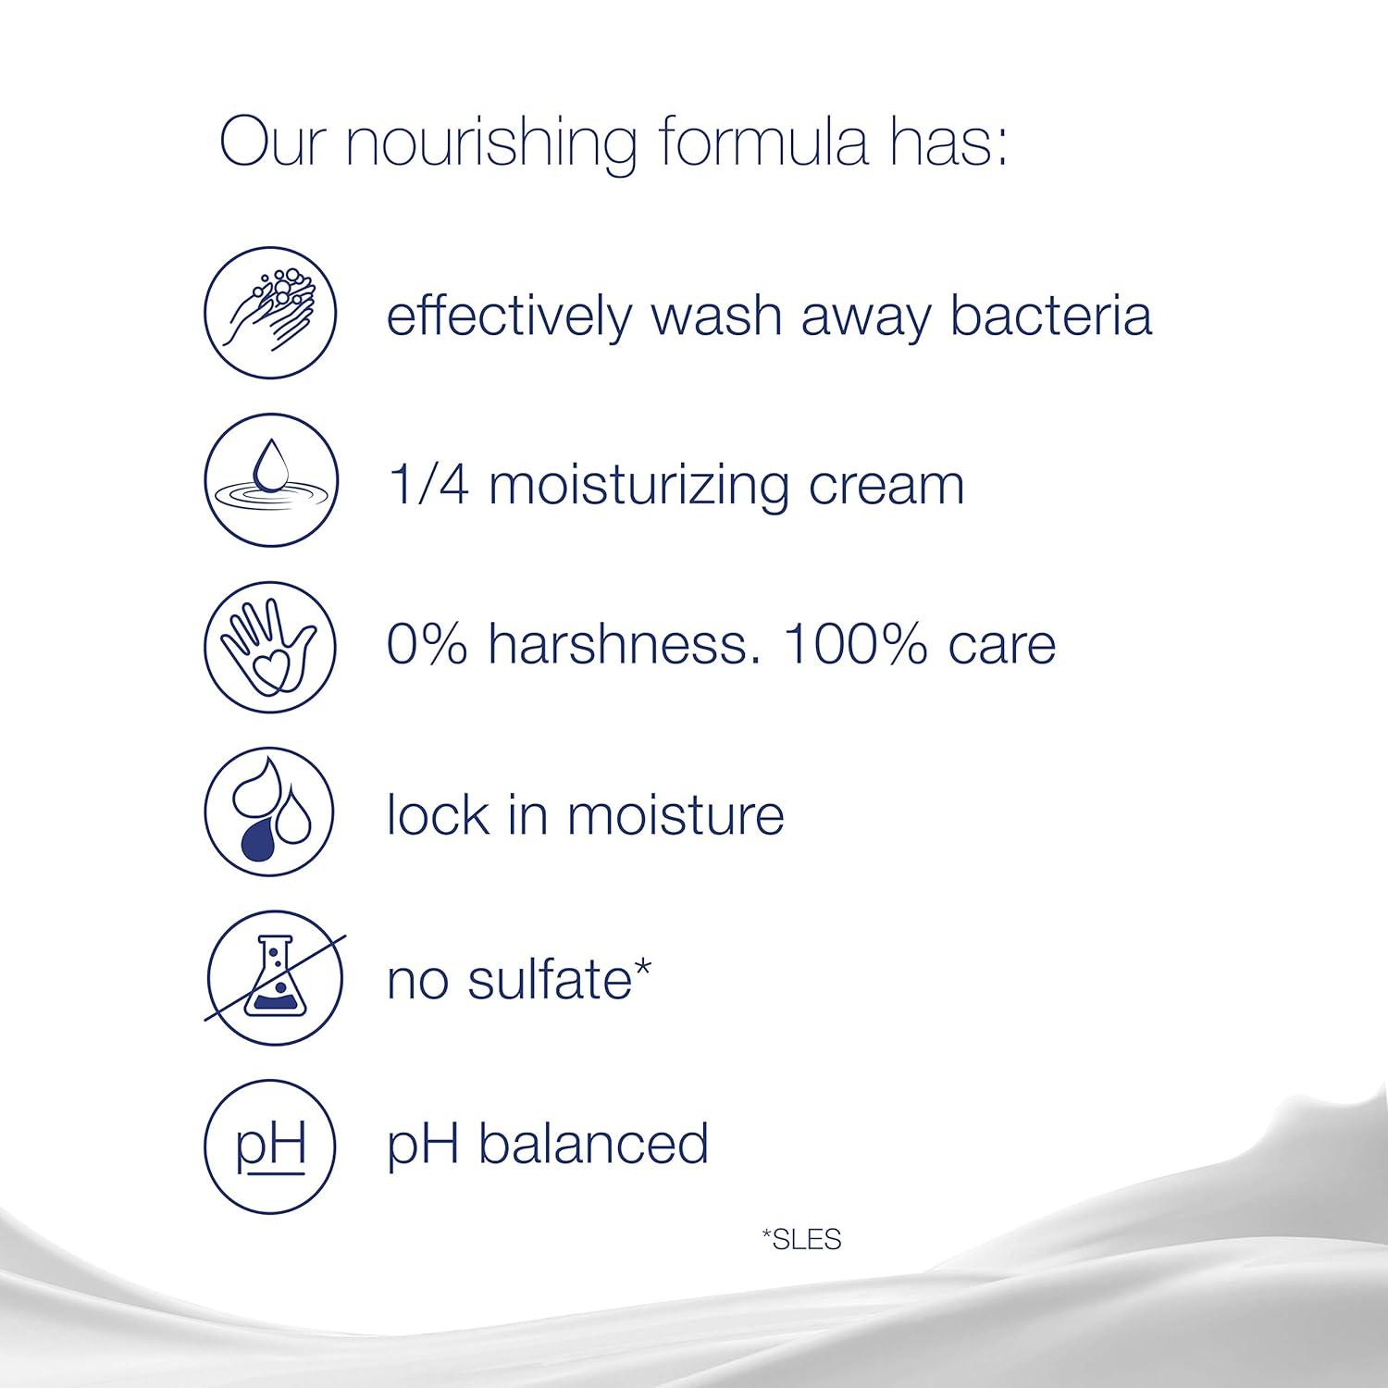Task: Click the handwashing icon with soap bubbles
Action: tap(270, 312)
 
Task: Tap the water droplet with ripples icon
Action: tap(270, 480)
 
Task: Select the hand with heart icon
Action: tap(270, 645)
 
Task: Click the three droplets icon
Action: tap(270, 812)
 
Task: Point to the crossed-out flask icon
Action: tap(274, 978)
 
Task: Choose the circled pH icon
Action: tap(270, 1145)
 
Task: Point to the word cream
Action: tap(886, 485)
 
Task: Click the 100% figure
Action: tap(855, 643)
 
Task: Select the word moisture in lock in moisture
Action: tap(675, 815)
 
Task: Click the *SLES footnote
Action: tap(801, 1239)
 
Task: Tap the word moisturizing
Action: tap(638, 485)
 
